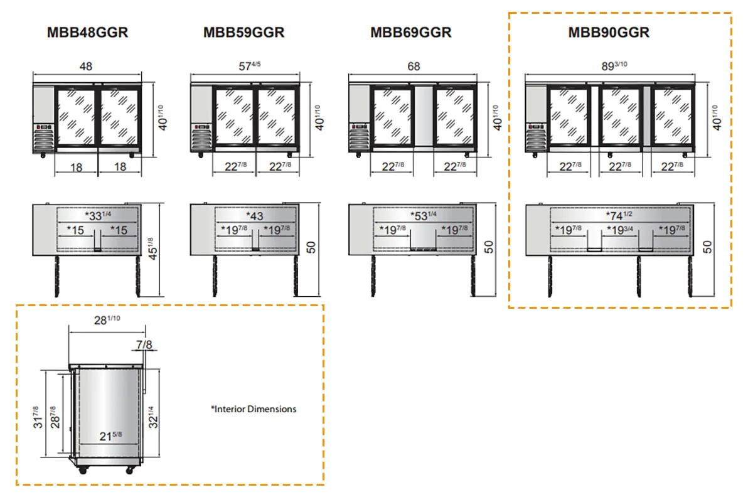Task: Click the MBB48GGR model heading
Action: click(87, 33)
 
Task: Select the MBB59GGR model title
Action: click(243, 33)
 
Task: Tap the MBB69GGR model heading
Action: click(411, 33)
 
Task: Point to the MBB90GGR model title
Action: click(609, 33)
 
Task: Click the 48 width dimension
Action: click(86, 67)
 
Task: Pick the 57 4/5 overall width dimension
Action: click(250, 65)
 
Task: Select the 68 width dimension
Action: click(414, 67)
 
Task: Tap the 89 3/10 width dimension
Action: click(614, 65)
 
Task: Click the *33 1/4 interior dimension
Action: click(98, 215)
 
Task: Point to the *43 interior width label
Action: click(255, 216)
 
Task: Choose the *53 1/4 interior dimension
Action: click(423, 215)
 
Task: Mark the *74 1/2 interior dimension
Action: click(619, 215)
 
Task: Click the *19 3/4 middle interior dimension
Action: click(620, 230)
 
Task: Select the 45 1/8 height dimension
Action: click(152, 249)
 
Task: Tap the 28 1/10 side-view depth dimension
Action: click(107, 320)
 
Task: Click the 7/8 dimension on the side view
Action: click(144, 344)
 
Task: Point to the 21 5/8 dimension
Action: click(110, 436)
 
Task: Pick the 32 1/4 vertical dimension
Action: click(153, 417)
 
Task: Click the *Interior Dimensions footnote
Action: click(254, 409)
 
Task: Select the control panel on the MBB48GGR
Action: click(44, 127)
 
